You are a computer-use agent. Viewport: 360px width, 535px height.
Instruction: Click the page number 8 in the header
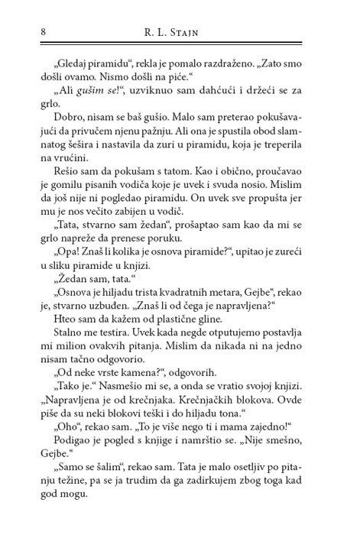[x=28, y=31]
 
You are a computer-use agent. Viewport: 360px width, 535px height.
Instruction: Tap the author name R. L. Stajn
[x=180, y=32]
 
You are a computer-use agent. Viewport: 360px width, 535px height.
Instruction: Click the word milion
[x=61, y=387]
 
